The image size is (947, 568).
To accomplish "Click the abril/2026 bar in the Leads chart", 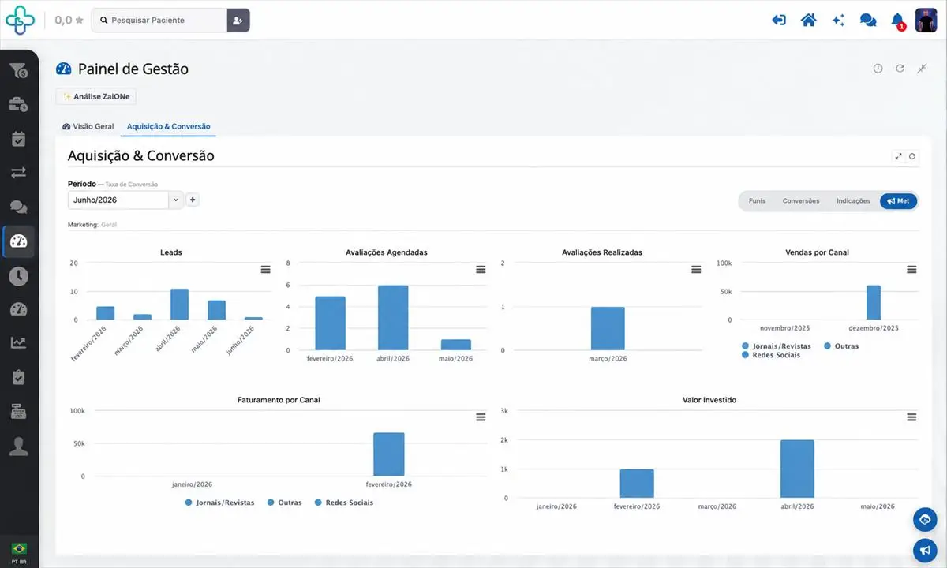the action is [x=179, y=305].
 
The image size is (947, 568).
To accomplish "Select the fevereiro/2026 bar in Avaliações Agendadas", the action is [x=330, y=323].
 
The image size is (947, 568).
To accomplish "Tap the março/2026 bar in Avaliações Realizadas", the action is [x=608, y=328].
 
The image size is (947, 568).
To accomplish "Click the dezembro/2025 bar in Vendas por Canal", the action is [x=874, y=303].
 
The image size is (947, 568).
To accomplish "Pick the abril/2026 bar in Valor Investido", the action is [x=797, y=469].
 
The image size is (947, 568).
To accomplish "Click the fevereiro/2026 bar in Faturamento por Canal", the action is [x=388, y=454].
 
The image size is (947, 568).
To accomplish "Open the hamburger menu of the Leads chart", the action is [x=265, y=270].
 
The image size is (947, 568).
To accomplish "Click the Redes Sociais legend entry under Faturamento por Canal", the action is [x=344, y=503].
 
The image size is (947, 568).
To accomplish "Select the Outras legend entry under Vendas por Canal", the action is [x=841, y=346].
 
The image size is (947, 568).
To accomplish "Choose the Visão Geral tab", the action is [x=88, y=126].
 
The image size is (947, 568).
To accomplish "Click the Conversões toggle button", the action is [x=801, y=200].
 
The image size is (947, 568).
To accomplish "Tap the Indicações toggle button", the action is [x=853, y=200].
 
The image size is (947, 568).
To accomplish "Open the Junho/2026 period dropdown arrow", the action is [x=176, y=200].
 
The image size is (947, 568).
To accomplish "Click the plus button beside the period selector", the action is [x=193, y=200].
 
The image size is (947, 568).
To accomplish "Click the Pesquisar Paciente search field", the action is [x=159, y=21].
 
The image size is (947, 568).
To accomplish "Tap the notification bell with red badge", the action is [x=897, y=21].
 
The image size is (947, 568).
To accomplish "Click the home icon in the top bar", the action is [x=808, y=21].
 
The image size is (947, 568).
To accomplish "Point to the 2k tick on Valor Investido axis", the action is [x=504, y=440].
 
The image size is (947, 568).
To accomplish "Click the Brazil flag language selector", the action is [x=19, y=548].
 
